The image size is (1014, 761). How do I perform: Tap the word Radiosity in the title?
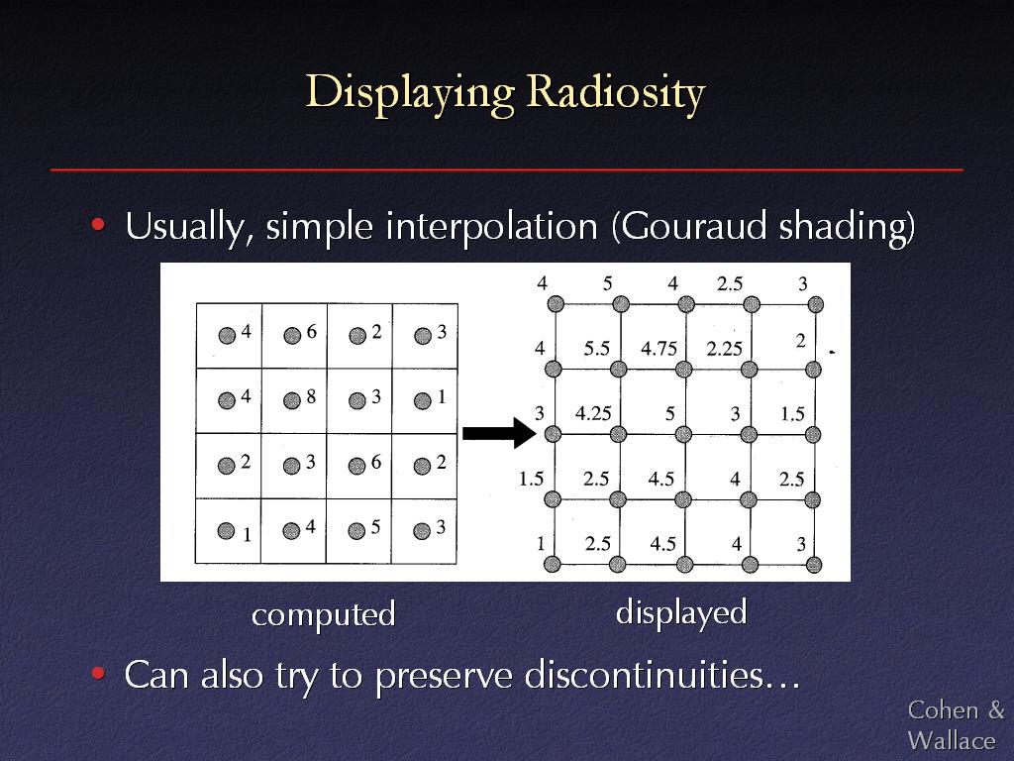click(x=616, y=92)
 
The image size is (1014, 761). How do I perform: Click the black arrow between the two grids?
click(x=499, y=432)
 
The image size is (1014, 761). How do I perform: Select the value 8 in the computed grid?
click(x=311, y=396)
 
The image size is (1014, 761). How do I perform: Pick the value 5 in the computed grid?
click(x=375, y=527)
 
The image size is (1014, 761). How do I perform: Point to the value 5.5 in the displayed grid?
click(x=596, y=349)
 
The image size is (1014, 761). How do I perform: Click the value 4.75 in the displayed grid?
click(x=659, y=349)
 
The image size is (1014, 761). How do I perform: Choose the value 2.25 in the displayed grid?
click(x=724, y=349)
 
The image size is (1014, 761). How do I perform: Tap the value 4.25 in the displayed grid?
click(x=593, y=413)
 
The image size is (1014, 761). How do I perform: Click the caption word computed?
click(x=324, y=614)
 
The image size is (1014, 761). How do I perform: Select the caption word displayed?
click(x=681, y=612)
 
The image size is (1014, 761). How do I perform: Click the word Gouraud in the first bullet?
click(x=694, y=226)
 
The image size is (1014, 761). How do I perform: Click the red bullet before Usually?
click(x=98, y=225)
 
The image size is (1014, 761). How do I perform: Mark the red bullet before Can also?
click(x=98, y=674)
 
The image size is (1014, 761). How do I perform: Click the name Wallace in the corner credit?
click(x=952, y=740)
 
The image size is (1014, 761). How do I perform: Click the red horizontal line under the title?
click(x=507, y=169)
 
